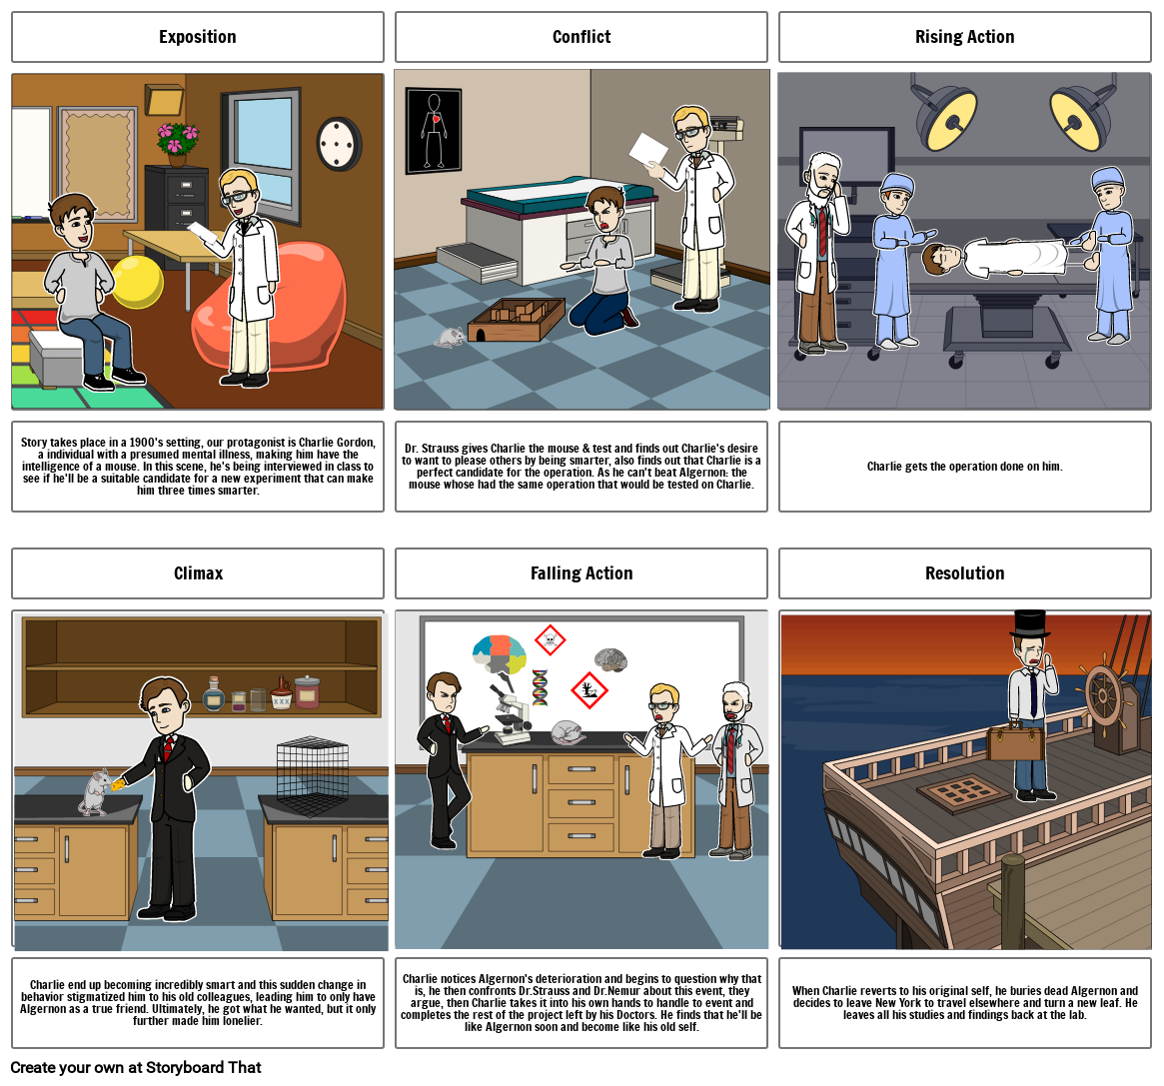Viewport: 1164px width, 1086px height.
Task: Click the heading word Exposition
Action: coord(198,37)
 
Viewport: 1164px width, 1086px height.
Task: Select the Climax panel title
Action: coord(198,573)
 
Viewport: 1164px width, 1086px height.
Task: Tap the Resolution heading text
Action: coord(964,573)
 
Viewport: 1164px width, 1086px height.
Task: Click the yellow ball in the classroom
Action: coord(138,282)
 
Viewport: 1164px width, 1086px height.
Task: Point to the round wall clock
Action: coord(340,144)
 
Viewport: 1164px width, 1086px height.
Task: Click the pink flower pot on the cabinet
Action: coord(178,144)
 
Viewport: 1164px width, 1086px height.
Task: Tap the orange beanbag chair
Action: coord(270,306)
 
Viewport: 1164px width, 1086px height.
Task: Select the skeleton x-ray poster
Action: coord(434,131)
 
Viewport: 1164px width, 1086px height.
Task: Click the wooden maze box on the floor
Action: coord(517,319)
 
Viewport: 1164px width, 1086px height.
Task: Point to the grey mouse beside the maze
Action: coord(450,338)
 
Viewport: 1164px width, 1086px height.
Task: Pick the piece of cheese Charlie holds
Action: coord(119,784)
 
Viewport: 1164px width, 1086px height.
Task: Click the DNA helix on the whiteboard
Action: coord(540,686)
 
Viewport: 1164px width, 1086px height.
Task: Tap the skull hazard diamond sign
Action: coord(551,639)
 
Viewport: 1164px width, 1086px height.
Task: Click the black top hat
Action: coord(1030,623)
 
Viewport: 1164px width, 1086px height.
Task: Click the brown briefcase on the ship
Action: coord(1015,742)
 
